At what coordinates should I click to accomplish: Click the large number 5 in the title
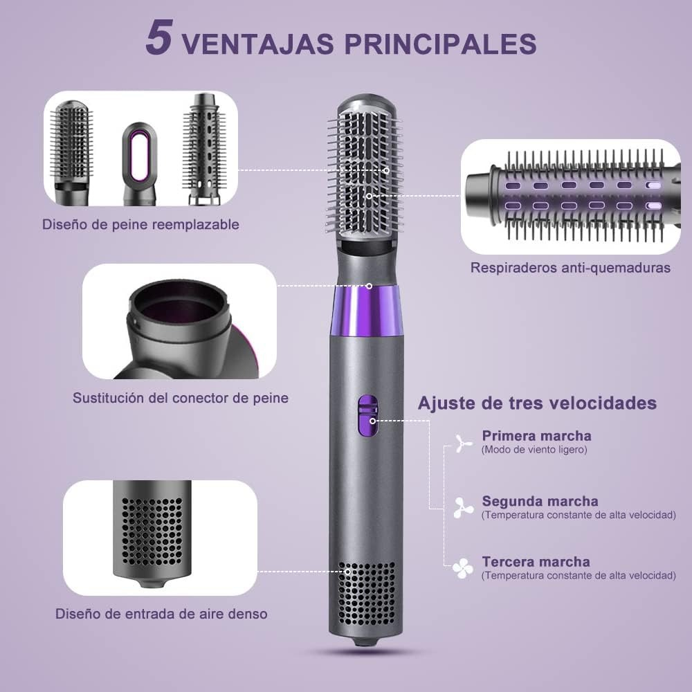(x=159, y=38)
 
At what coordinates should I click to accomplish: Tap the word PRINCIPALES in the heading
(x=440, y=44)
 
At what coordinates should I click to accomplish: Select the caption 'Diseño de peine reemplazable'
(x=140, y=224)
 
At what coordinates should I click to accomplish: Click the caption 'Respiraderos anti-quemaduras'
(x=570, y=267)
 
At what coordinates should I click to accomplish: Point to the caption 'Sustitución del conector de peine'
(x=181, y=398)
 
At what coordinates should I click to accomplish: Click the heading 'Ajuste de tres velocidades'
(x=537, y=403)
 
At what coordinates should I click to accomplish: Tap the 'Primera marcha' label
(x=536, y=435)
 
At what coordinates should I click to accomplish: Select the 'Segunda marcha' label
(x=540, y=501)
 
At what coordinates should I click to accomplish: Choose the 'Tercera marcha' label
(x=536, y=562)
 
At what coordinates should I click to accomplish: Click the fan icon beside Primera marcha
(x=463, y=443)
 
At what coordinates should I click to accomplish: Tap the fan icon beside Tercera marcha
(x=462, y=568)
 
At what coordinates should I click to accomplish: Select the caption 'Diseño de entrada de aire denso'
(x=161, y=613)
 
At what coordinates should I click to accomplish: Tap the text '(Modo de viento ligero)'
(x=534, y=450)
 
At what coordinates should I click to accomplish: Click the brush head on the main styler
(x=365, y=170)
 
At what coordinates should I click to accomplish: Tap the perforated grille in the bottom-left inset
(x=152, y=532)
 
